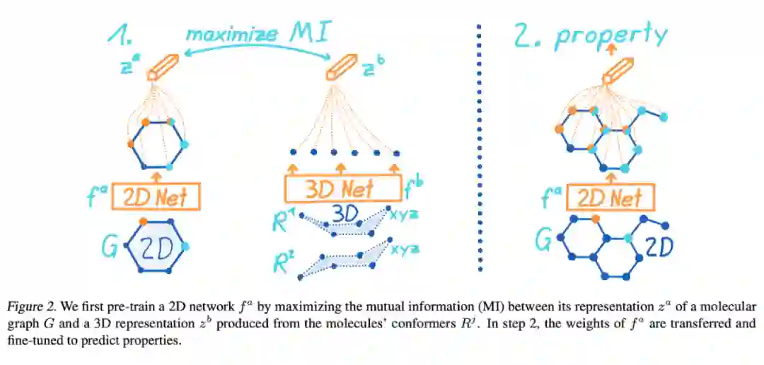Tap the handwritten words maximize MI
(259, 34)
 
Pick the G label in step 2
(544, 241)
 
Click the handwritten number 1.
(120, 35)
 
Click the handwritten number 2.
(524, 37)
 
